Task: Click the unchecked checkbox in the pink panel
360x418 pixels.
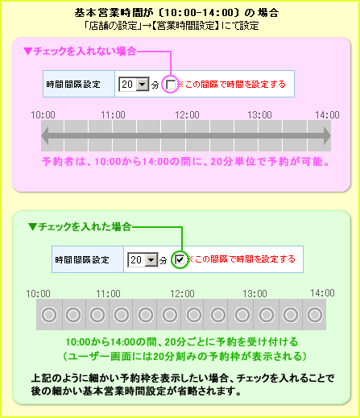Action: [171, 85]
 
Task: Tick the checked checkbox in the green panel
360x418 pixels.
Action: [180, 259]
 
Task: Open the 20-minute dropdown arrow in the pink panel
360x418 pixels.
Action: [143, 85]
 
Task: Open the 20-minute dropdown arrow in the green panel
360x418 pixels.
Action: [151, 259]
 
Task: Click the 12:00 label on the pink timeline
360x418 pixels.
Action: [187, 115]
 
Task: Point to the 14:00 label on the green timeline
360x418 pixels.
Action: [322, 293]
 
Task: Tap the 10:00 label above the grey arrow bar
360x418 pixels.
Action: [43, 115]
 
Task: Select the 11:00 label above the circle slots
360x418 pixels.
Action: [108, 294]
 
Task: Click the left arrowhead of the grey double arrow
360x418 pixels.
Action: [45, 136]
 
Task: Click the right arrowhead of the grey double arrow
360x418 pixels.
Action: [327, 136]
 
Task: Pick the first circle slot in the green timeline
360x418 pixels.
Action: [49, 315]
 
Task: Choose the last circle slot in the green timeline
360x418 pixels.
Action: [315, 315]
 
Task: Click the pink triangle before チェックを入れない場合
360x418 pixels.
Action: [27, 51]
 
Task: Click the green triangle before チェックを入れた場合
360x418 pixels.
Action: [32, 227]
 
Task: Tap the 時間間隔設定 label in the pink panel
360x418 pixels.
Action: [73, 85]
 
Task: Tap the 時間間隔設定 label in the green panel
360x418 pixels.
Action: [82, 259]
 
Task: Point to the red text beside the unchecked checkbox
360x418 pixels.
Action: [232, 85]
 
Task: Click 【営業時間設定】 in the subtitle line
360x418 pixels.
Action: [185, 26]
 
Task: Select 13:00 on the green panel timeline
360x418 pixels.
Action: [254, 294]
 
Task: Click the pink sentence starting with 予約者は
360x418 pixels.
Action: [185, 162]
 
